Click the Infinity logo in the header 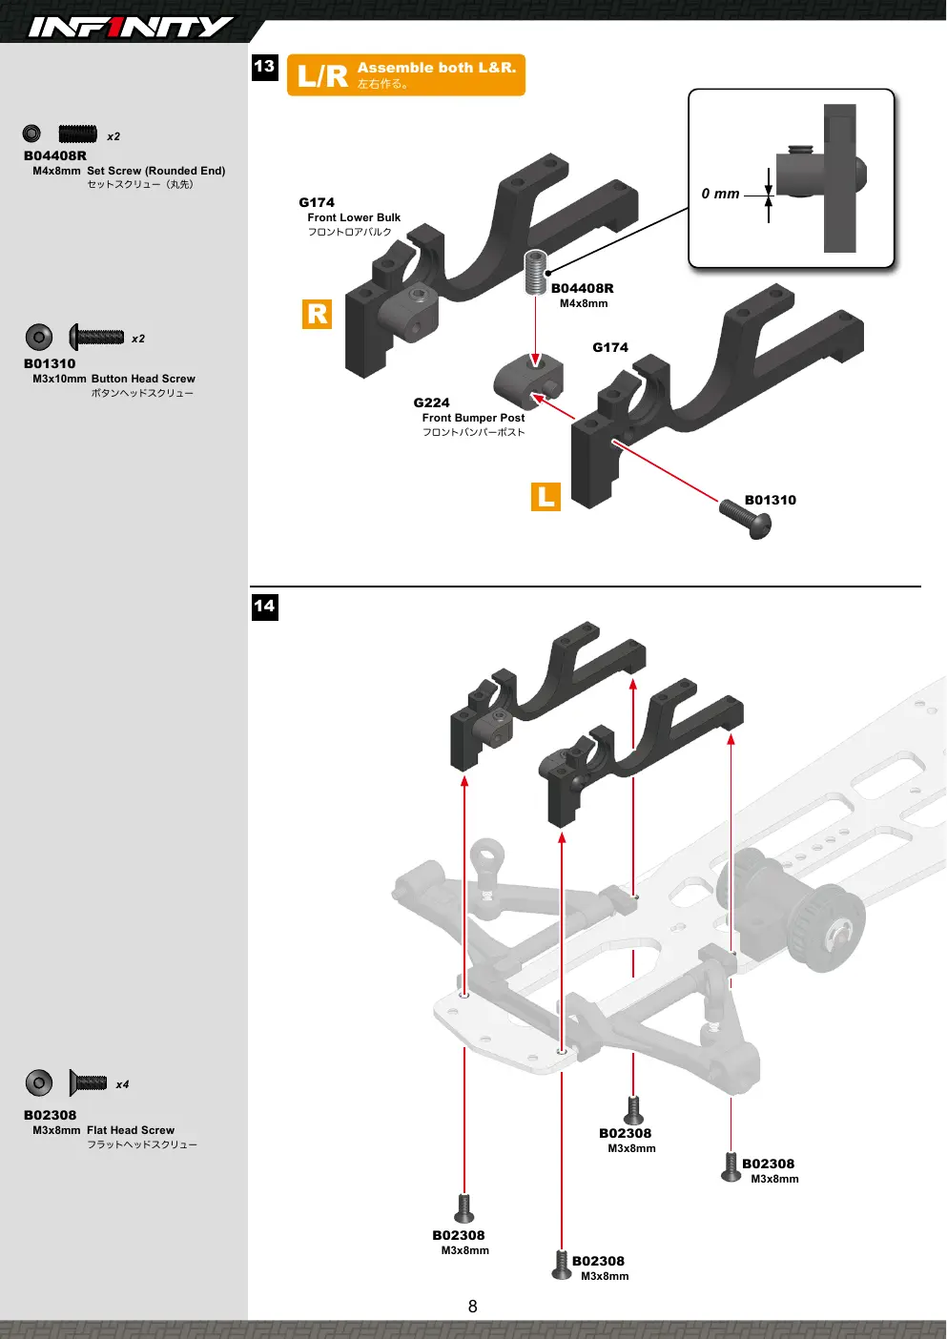click(x=131, y=27)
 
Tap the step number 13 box click(x=265, y=67)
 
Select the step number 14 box click(x=265, y=607)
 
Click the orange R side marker click(x=317, y=314)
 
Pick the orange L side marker click(x=546, y=497)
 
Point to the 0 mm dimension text click(x=720, y=194)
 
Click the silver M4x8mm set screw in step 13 click(x=536, y=273)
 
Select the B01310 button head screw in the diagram click(x=745, y=518)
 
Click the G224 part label click(x=431, y=402)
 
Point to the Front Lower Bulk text click(x=354, y=217)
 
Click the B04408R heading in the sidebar click(x=55, y=155)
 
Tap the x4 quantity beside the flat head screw click(x=122, y=1084)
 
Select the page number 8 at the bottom click(x=472, y=1307)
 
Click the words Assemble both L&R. click(x=437, y=68)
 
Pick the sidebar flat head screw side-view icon click(x=88, y=1082)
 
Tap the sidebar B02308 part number click(x=51, y=1115)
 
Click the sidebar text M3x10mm click(x=59, y=379)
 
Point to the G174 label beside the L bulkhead click(x=609, y=347)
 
